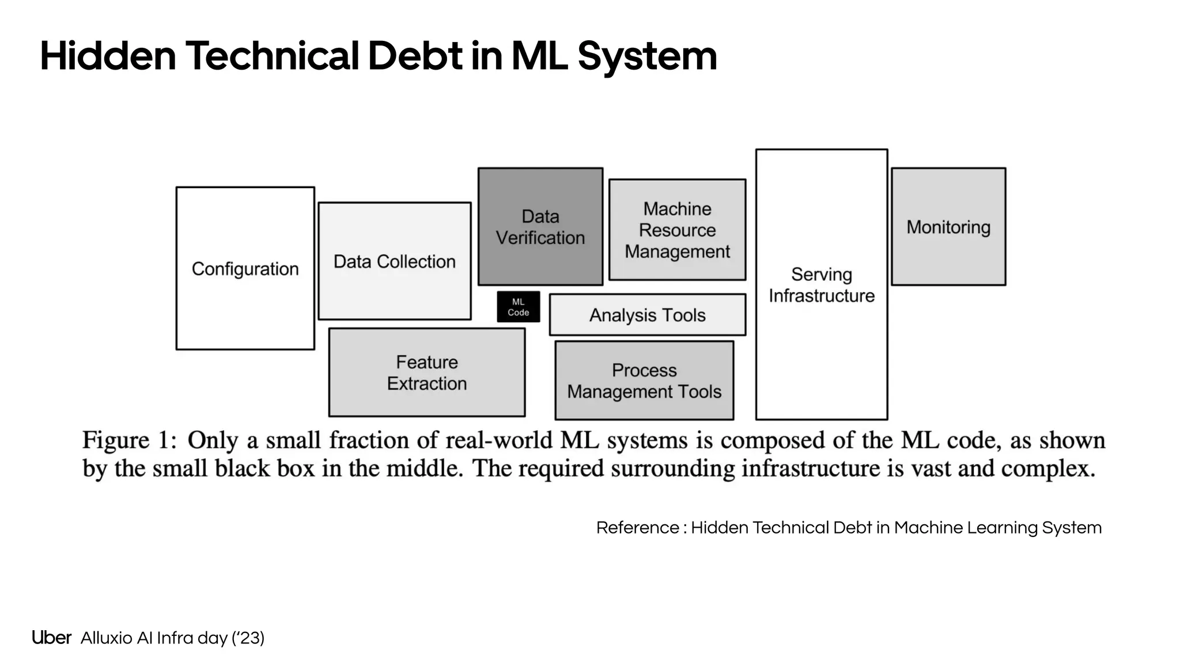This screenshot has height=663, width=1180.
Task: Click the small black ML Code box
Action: pyautogui.click(x=519, y=307)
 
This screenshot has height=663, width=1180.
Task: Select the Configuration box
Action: pyautogui.click(x=245, y=268)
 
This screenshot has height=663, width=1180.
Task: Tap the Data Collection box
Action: pyautogui.click(x=395, y=261)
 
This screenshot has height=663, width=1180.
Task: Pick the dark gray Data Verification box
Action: pyautogui.click(x=540, y=227)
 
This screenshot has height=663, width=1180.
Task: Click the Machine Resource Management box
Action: pyautogui.click(x=678, y=230)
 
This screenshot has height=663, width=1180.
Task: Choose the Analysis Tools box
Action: pyautogui.click(x=648, y=315)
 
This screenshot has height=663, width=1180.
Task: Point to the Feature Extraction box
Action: pyautogui.click(x=427, y=372)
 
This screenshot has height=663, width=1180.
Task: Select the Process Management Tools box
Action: pyautogui.click(x=644, y=380)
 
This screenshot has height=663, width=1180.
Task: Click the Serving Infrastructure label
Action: pyautogui.click(x=822, y=285)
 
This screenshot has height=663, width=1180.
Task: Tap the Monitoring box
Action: pyautogui.click(x=948, y=227)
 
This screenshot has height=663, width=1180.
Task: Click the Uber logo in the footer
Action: pyautogui.click(x=51, y=638)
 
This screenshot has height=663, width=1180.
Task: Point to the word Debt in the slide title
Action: pyautogui.click(x=415, y=56)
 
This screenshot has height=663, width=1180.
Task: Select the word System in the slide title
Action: pyautogui.click(x=647, y=57)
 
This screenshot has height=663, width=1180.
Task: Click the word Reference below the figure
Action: pyautogui.click(x=638, y=528)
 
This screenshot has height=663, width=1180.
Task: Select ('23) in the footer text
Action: pyautogui.click(x=248, y=638)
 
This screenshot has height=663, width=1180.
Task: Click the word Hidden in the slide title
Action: pyautogui.click(x=108, y=56)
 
